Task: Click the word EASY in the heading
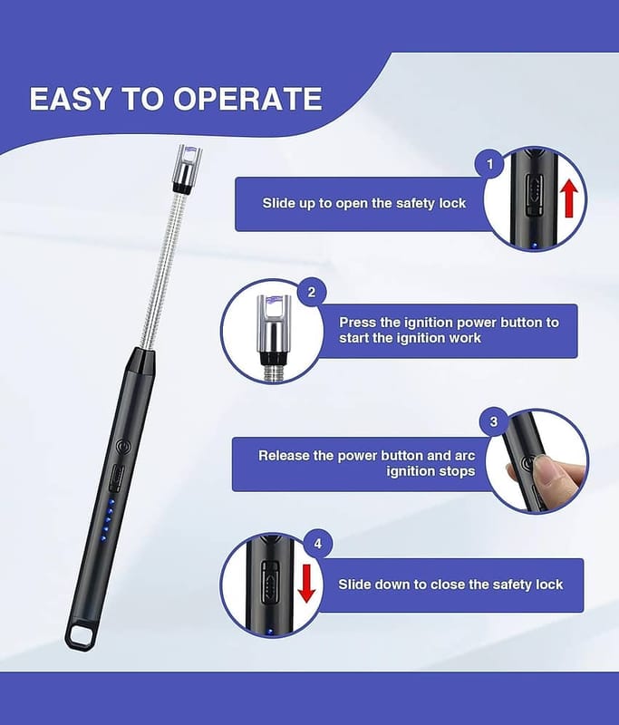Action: point(71,99)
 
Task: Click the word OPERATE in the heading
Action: point(247,99)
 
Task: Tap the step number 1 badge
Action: point(490,164)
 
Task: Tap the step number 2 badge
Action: point(312,292)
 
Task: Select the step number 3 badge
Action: point(494,421)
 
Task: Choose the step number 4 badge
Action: point(318,544)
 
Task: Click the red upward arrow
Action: point(570,198)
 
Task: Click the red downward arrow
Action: point(306,584)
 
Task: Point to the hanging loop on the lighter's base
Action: point(82,634)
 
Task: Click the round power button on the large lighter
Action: point(122,447)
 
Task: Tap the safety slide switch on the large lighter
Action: point(117,478)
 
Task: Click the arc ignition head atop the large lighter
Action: point(188,168)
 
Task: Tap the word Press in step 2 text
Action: point(357,323)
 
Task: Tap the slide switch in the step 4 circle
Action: point(270,582)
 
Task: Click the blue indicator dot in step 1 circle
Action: point(535,246)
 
